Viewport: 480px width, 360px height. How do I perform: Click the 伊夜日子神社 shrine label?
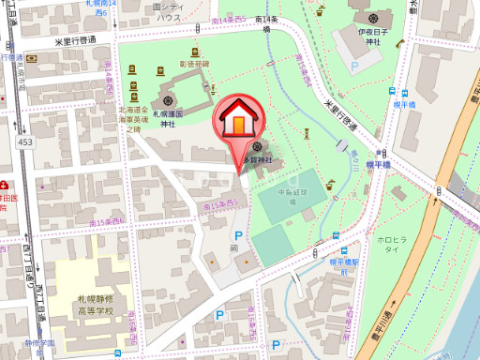(371, 37)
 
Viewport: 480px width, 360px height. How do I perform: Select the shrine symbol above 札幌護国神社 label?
(168, 98)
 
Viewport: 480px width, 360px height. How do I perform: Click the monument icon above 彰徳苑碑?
(194, 52)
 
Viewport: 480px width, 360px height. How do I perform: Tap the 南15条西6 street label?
(112, 222)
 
